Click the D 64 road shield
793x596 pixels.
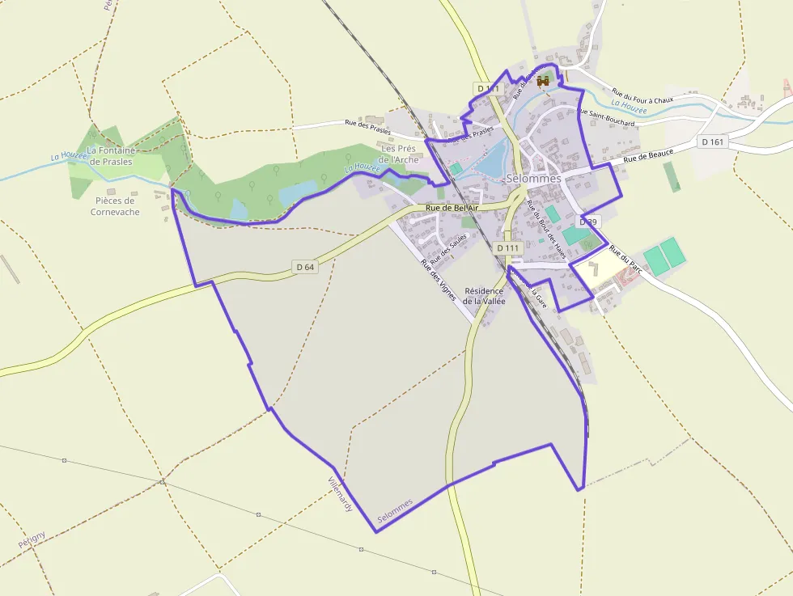304,266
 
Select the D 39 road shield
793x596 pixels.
588,221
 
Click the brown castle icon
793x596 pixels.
543,82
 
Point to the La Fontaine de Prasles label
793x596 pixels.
111,155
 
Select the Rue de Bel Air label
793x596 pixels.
452,209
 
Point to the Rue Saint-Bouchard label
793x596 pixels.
605,117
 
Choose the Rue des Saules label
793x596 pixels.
449,250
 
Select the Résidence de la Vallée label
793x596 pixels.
485,296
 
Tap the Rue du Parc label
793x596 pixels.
625,260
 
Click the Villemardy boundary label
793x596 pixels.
340,494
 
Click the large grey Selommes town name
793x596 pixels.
533,178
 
